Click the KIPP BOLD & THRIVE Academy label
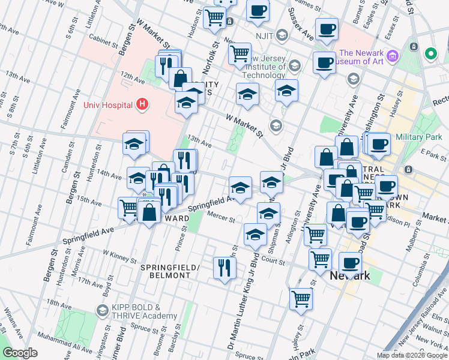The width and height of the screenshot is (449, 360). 143,312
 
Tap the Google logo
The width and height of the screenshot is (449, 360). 20,353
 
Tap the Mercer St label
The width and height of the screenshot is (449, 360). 221,217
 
